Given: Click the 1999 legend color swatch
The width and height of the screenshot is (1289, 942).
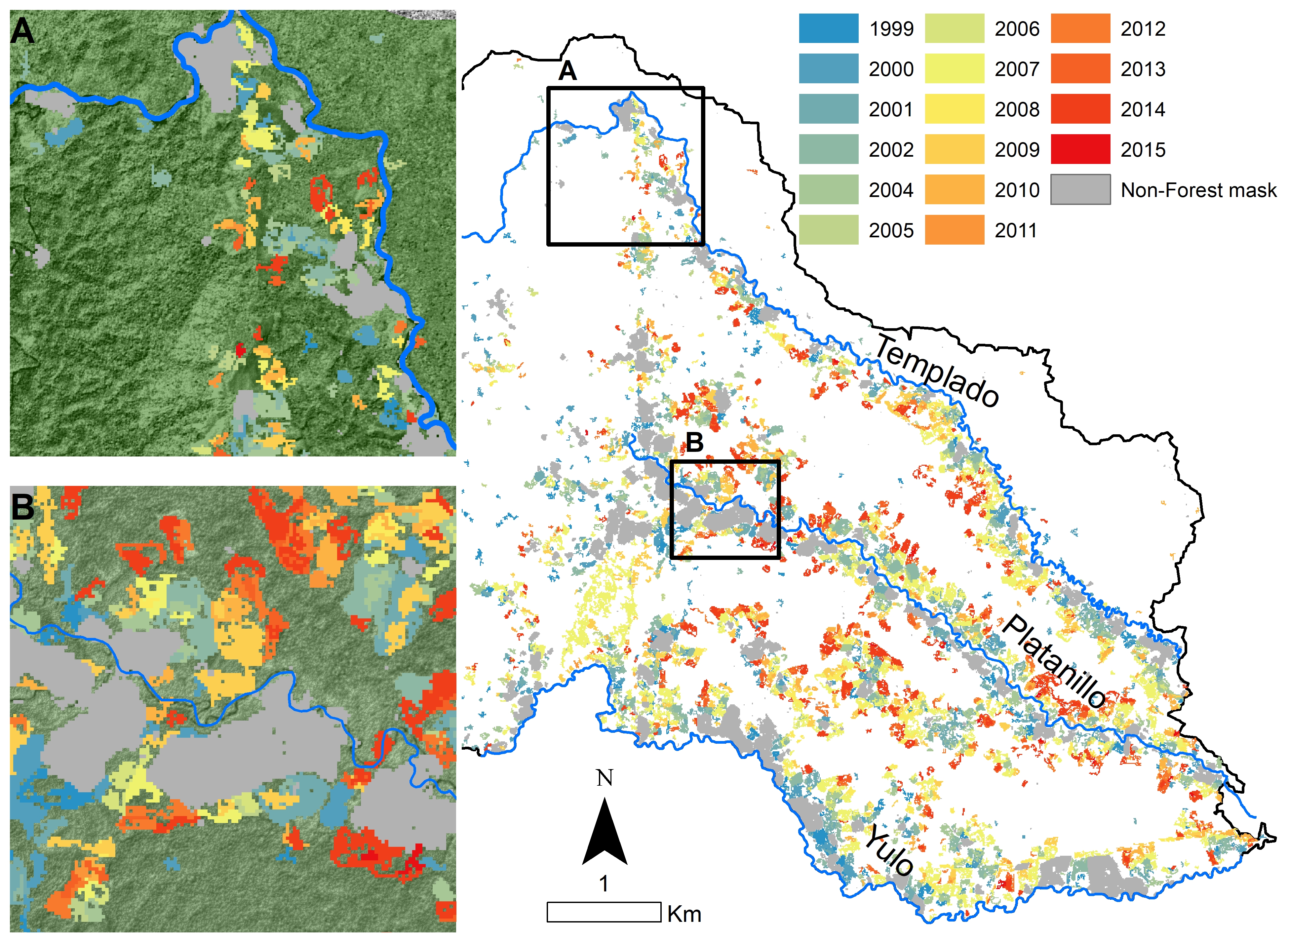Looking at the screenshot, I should pos(828,28).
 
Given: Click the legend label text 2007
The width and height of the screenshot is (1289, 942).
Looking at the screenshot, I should pos(1016,69).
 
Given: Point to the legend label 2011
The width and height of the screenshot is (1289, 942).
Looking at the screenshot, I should pos(1015,230).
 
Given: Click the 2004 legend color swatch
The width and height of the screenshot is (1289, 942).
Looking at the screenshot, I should pos(828,190).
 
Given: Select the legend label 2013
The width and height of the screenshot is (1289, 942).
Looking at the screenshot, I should pos(1143,69).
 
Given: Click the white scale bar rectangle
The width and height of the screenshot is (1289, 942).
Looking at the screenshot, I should pos(603,912).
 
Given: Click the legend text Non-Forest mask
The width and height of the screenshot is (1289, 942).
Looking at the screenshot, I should pos(1198,190).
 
